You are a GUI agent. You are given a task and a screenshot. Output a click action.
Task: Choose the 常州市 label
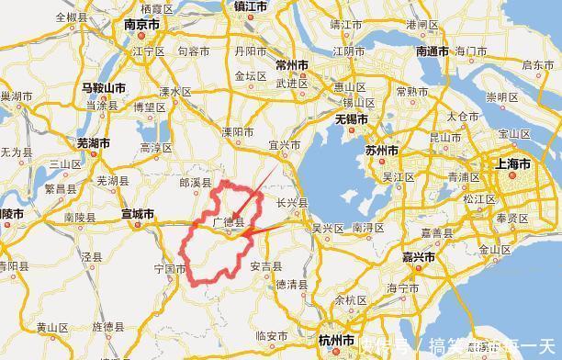pos(295,64)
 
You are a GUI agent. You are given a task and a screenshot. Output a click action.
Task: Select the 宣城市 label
pos(138,214)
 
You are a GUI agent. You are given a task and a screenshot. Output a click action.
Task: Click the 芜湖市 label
pos(93,143)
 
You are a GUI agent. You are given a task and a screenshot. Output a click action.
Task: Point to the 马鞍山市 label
pos(103,87)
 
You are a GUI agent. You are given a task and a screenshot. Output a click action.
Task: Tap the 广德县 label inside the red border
pos(229,221)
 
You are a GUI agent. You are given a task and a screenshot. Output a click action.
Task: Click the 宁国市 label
pos(170,269)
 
